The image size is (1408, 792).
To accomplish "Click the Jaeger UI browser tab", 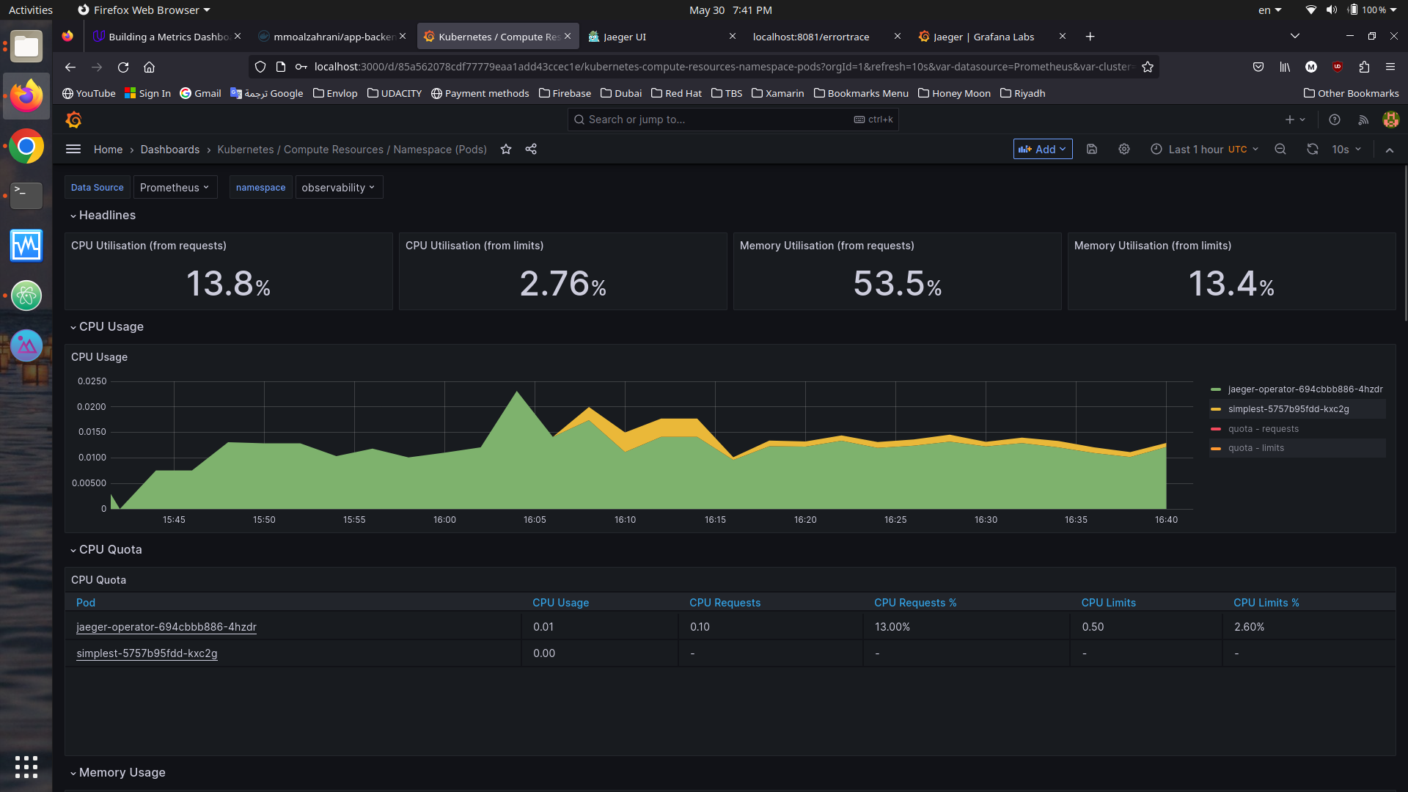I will click(x=624, y=37).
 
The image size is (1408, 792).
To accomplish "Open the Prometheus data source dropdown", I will click(x=175, y=188).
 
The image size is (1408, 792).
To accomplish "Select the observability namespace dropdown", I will click(x=338, y=188).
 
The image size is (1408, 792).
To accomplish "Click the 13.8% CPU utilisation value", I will click(x=228, y=284).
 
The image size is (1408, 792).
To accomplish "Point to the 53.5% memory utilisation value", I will click(x=897, y=284).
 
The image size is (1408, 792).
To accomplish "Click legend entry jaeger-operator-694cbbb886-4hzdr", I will click(x=1305, y=389).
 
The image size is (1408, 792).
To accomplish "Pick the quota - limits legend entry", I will click(x=1255, y=448).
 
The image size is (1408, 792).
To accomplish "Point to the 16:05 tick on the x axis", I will click(x=535, y=520).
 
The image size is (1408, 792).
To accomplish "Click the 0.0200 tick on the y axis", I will click(x=92, y=407).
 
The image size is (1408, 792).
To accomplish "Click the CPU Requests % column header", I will click(x=914, y=603).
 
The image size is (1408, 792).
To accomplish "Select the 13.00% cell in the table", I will click(x=892, y=627).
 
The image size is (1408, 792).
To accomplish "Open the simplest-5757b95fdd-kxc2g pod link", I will click(x=147, y=653).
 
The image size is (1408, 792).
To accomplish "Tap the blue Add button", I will click(x=1042, y=150).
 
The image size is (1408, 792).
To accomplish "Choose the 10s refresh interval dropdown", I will click(x=1346, y=150).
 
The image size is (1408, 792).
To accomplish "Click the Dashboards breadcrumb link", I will click(x=169, y=150).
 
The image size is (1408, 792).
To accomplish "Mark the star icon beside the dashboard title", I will click(x=506, y=150).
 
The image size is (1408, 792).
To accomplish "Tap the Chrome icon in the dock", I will click(x=26, y=147).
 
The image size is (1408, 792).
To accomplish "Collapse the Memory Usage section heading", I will click(x=122, y=773).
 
